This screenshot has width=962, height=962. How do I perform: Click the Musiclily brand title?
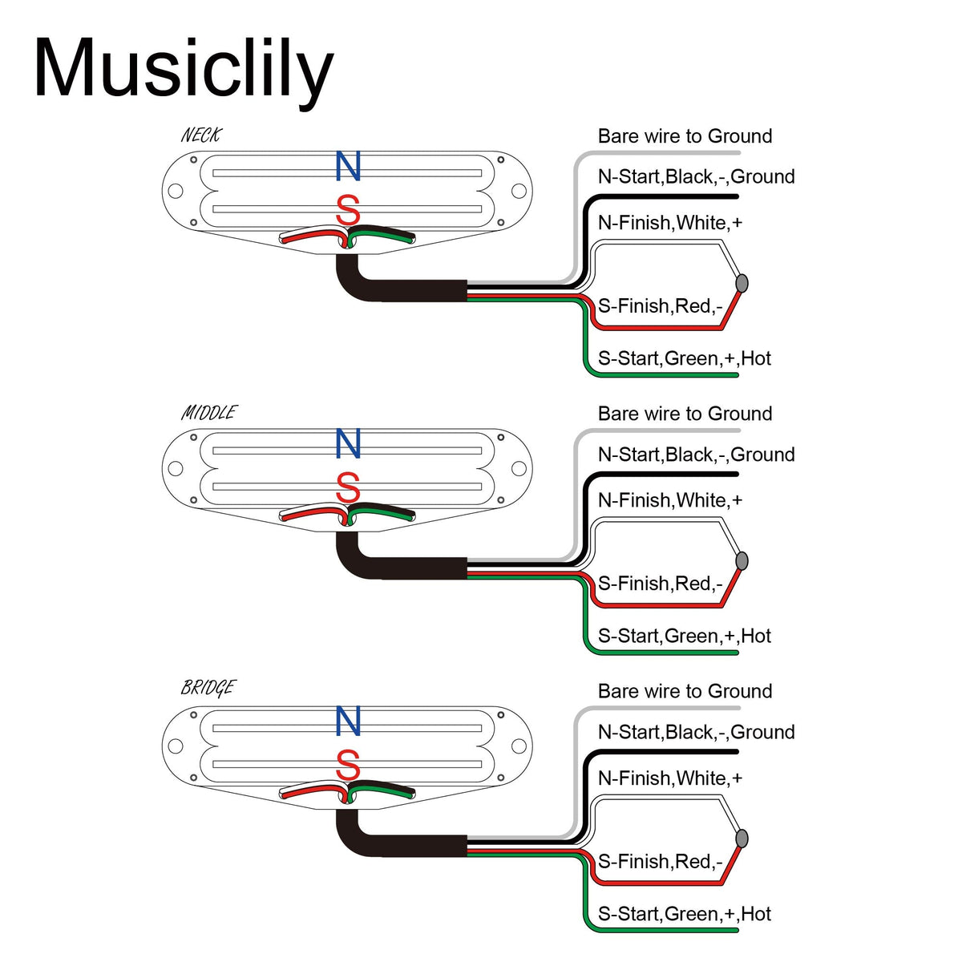183,71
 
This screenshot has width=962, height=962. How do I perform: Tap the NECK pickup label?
200,135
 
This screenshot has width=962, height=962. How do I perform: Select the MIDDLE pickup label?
209,413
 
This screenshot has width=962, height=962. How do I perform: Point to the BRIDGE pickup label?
208,688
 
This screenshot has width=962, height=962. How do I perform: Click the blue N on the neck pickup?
348,166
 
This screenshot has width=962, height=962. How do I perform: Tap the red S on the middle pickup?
348,487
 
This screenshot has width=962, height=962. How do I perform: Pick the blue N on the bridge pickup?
348,721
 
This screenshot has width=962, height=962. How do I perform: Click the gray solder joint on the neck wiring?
742,283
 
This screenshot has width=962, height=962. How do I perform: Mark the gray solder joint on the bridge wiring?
742,839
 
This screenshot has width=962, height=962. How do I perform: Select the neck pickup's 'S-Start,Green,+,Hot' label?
684,358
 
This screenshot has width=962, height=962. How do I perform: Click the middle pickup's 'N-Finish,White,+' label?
670,500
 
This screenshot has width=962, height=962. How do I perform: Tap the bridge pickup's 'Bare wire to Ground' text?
685,691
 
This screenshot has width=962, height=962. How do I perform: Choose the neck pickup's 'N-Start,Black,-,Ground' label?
696,176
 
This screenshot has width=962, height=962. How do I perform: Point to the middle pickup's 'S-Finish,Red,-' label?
660,584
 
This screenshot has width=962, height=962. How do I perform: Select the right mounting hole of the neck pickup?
519,191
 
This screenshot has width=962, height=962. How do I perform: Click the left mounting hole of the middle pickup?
176,468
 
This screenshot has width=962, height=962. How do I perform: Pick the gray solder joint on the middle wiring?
742,560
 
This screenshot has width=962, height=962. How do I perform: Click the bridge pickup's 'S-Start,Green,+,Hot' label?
684,914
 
